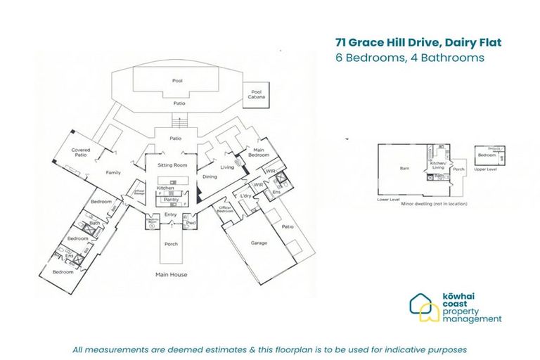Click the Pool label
point(177,81)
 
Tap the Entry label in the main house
point(171,214)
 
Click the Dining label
point(210,177)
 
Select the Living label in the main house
point(227,167)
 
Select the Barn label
point(404,169)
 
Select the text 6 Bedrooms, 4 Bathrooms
point(410,58)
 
